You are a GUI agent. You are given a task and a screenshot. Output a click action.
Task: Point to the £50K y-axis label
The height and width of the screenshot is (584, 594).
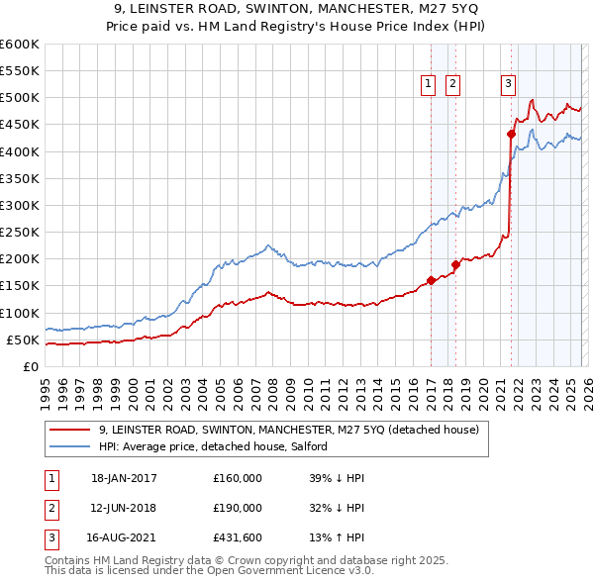tap(22, 340)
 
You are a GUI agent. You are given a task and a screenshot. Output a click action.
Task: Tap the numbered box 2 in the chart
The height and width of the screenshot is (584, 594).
tap(452, 85)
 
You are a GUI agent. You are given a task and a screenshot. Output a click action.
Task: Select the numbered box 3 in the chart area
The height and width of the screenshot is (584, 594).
tap(508, 85)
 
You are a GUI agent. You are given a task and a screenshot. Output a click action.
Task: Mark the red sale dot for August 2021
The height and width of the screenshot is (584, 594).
tap(511, 134)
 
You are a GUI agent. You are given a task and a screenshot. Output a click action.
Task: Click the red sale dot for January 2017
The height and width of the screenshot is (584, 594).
tap(431, 280)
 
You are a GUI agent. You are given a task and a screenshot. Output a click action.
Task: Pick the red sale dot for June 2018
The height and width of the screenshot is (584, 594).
tap(455, 264)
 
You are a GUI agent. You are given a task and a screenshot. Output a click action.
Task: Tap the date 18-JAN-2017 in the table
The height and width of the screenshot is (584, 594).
tap(124, 478)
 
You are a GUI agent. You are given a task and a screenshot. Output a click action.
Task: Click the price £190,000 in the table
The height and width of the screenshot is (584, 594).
tap(238, 508)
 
